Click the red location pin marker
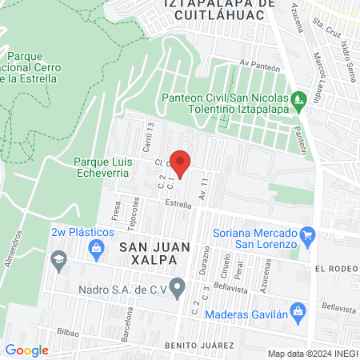(182, 163)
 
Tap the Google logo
(26, 350)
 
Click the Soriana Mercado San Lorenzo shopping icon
(306, 234)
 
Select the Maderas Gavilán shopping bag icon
(297, 310)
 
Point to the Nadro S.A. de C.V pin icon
(178, 285)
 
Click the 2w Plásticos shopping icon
(95, 247)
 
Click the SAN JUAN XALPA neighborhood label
(155, 249)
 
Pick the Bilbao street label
(70, 330)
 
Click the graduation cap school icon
(58, 260)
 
